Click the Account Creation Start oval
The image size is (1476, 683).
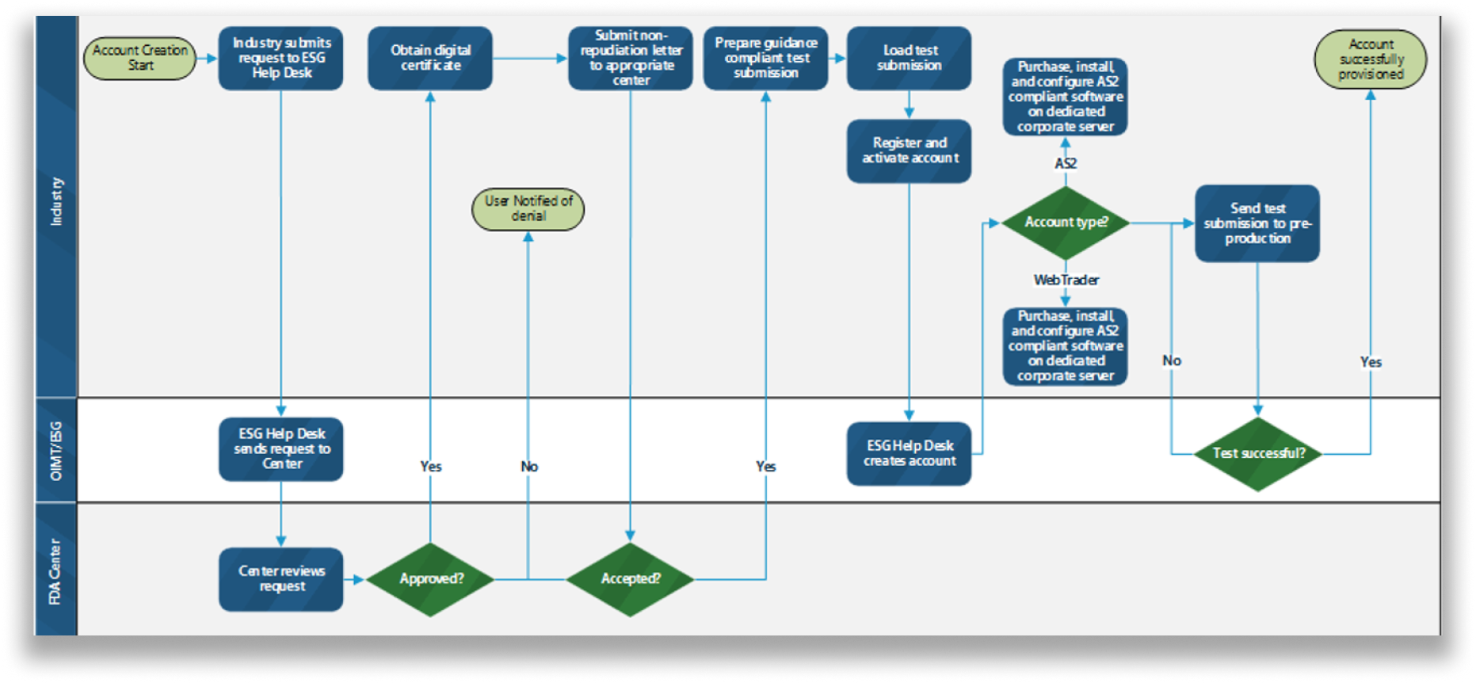tap(140, 58)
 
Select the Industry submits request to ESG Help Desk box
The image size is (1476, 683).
tap(280, 58)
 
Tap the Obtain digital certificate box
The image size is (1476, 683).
tap(429, 58)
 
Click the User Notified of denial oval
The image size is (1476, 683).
tap(528, 209)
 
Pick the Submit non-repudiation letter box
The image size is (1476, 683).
tap(630, 58)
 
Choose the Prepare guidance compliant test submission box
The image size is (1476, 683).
tap(765, 58)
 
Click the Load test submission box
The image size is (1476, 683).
tap(909, 58)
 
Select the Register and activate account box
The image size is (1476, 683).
tap(909, 151)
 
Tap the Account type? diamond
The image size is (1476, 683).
tap(1066, 223)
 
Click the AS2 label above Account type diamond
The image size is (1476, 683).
tap(1066, 163)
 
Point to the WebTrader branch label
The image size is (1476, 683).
tap(1066, 280)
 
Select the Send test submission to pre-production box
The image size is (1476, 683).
tap(1257, 223)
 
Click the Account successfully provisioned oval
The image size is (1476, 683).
tap(1370, 59)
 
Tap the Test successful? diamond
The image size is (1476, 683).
tap(1257, 453)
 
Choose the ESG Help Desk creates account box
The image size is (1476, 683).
tap(909, 453)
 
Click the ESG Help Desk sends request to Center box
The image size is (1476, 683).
tap(280, 449)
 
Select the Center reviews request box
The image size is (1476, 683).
tap(280, 579)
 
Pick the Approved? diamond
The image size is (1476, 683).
tap(430, 579)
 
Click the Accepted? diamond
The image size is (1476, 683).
tap(630, 579)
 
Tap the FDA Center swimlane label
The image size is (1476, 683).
tap(55, 570)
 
